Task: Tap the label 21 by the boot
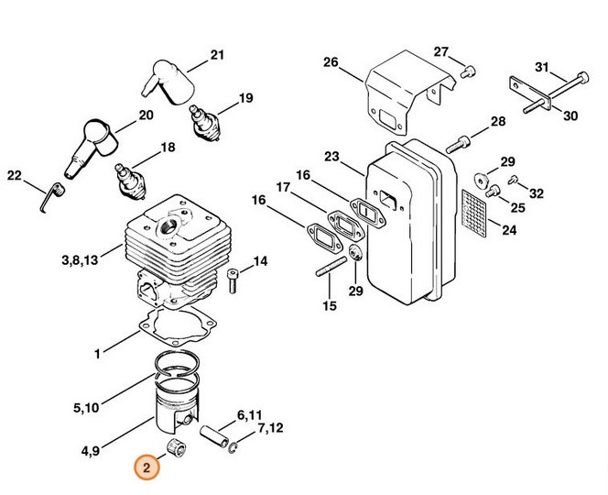pos(217,56)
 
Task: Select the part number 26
pos(331,63)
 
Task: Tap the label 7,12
pos(270,428)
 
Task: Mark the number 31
pos(541,67)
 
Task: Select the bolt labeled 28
pos(461,143)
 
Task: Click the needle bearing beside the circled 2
pos(172,449)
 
